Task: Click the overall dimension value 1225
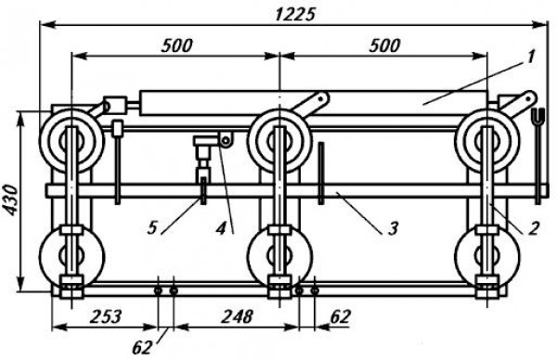point(295,15)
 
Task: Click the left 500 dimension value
point(176,45)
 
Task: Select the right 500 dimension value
point(384,45)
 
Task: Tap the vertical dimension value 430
point(12,199)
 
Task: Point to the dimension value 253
point(106,316)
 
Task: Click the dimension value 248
point(238,316)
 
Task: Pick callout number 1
point(531,57)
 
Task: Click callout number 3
point(393,228)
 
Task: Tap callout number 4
point(221,228)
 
